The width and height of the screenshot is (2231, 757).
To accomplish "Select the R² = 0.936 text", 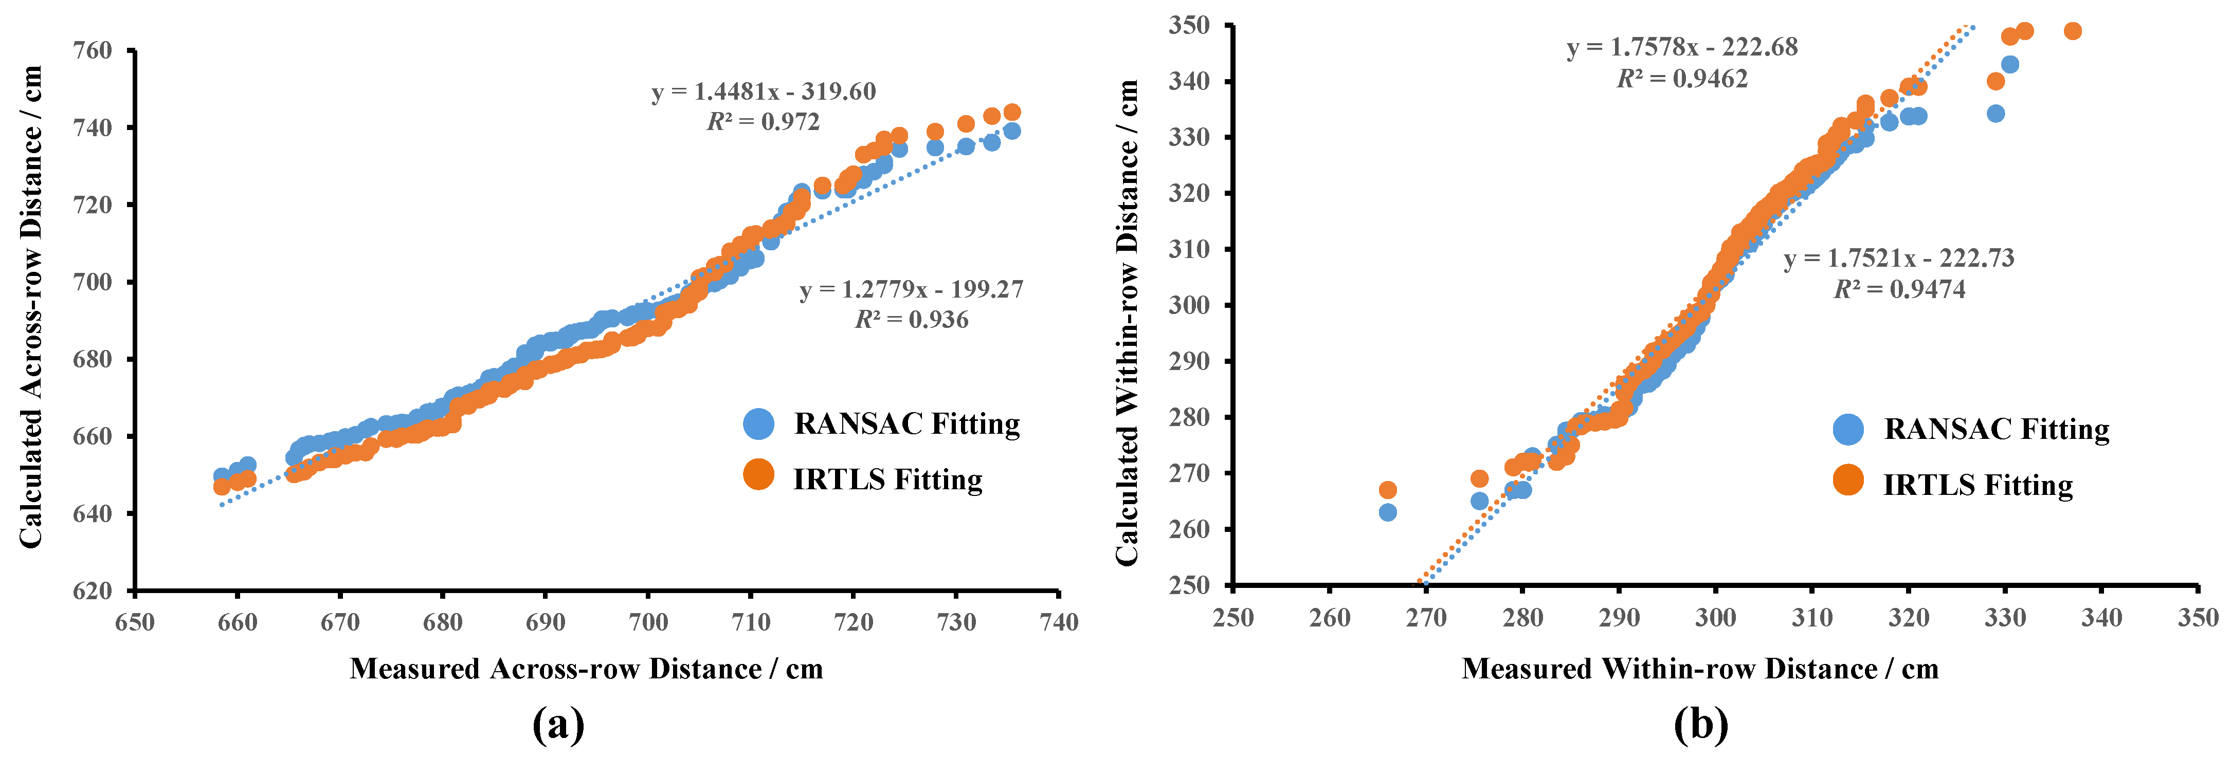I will pos(911,320).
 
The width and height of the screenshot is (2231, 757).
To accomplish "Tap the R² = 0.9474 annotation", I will pos(1899,289).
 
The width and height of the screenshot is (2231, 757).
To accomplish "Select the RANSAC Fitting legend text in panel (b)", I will pos(1997,430).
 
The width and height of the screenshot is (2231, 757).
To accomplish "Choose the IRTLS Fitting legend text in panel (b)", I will pos(1978,485).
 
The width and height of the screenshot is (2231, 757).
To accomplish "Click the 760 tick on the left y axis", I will pos(93,50).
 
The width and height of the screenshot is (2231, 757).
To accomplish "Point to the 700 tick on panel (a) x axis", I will pos(648,622).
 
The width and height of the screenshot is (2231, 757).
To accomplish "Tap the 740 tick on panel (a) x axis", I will pos(1058,622).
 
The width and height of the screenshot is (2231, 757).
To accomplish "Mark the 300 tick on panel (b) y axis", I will pos(1189,305).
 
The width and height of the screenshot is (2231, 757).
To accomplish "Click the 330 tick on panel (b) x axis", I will pos(2005,618).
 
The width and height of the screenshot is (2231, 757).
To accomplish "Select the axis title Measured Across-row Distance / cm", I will pos(586,669).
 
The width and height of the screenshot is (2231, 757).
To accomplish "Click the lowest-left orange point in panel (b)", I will pos(1387,490).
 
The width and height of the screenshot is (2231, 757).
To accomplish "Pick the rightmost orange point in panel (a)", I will pos(1011,113).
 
